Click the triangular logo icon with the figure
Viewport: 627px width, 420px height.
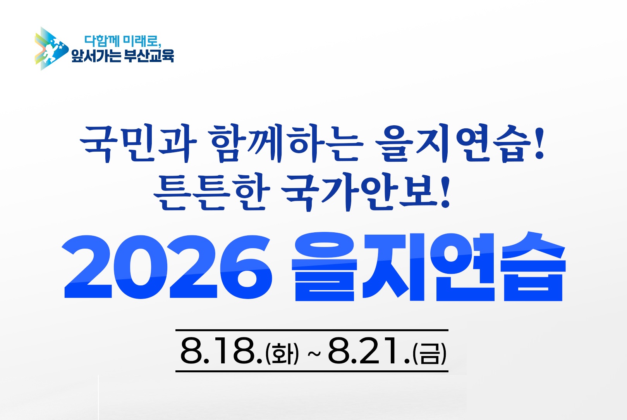tap(51, 49)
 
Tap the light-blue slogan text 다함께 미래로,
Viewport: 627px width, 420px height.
tap(123, 41)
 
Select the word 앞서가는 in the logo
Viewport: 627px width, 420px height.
tap(96, 56)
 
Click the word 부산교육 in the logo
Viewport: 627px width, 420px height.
tap(149, 56)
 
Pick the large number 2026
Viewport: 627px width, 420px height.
tap(167, 267)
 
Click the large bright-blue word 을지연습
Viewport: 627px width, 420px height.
tap(429, 267)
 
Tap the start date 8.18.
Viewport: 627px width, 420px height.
tap(222, 351)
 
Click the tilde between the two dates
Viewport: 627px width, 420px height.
tap(314, 354)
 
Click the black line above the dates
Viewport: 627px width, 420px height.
tap(312, 330)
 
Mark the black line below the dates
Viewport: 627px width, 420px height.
tap(312, 371)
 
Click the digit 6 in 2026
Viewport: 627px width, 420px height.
tap(246, 267)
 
